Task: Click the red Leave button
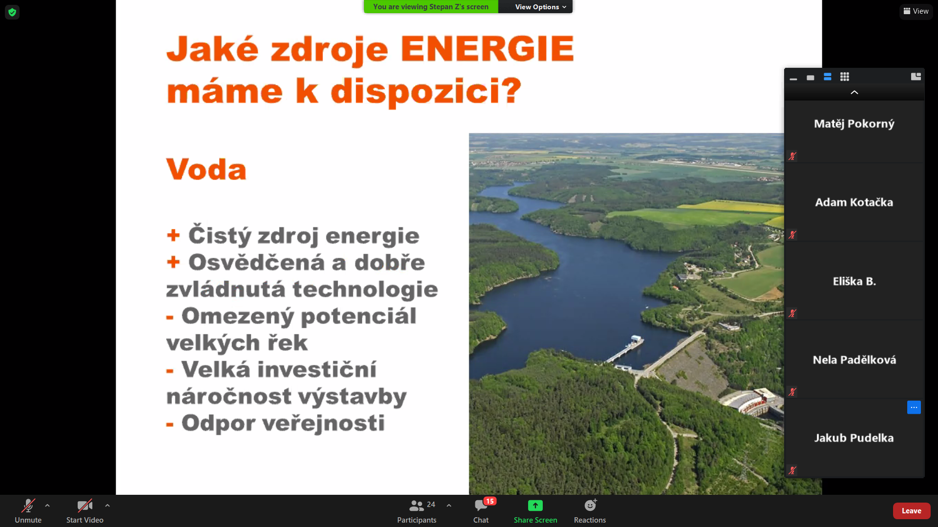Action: [911, 511]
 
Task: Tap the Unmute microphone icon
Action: [28, 506]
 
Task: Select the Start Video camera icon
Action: [85, 506]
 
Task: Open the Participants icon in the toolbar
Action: [416, 506]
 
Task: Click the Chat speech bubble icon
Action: [481, 506]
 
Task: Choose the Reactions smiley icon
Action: [590, 505]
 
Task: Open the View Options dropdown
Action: [540, 7]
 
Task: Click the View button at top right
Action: [916, 11]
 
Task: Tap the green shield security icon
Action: [12, 12]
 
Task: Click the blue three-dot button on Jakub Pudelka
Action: [914, 407]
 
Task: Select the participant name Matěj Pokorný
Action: [854, 124]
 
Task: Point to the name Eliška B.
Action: [854, 282]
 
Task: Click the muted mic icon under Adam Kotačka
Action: [792, 235]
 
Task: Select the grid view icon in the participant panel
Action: [845, 77]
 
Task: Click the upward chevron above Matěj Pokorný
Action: [854, 92]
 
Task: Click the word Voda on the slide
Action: [206, 169]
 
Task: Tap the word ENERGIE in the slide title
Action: [487, 49]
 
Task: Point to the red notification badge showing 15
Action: [490, 501]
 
